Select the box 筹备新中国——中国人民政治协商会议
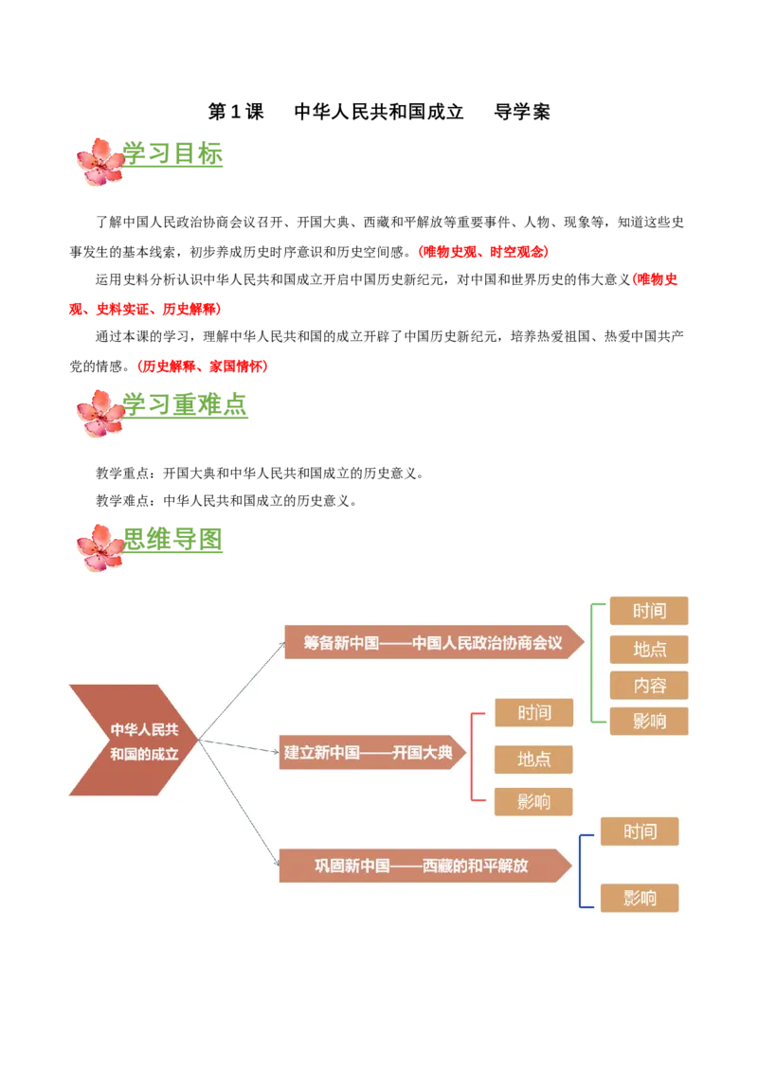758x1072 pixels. click(x=432, y=642)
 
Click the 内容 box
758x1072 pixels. click(x=649, y=685)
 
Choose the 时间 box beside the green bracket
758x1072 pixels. click(x=649, y=611)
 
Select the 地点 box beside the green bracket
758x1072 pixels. click(x=649, y=649)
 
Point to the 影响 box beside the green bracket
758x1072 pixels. click(x=649, y=721)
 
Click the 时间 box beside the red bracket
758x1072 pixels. click(x=533, y=712)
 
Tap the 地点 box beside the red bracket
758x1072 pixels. click(x=533, y=759)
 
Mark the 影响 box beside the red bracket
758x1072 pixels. click(x=533, y=802)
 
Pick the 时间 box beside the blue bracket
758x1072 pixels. click(x=640, y=831)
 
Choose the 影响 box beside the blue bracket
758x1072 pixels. click(x=640, y=897)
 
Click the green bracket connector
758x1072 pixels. click(x=593, y=663)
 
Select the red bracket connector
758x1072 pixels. click(x=474, y=758)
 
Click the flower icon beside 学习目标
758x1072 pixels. click(x=100, y=161)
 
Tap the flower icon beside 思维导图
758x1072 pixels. click(x=100, y=547)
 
